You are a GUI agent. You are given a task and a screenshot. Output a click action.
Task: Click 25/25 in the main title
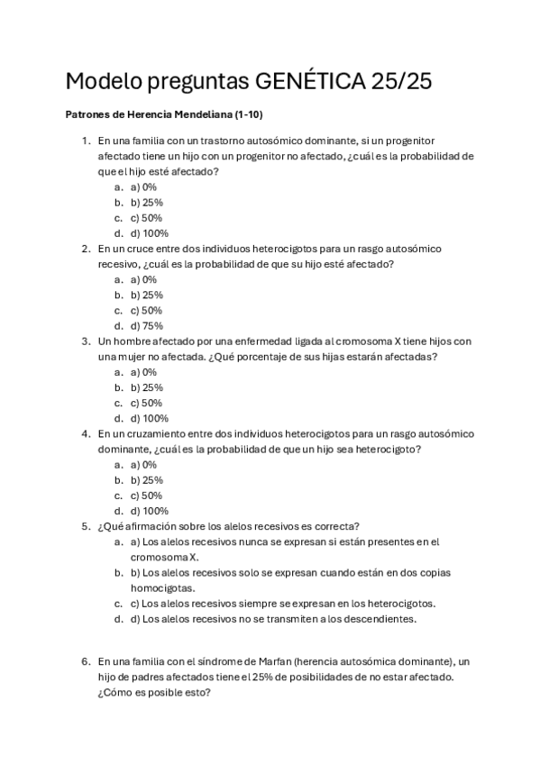pyautogui.click(x=401, y=82)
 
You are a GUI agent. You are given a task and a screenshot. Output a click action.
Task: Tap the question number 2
pyautogui.click(x=86, y=249)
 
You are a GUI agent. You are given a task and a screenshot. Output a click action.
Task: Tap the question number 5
pyautogui.click(x=86, y=526)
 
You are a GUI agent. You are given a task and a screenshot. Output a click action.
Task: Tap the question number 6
pyautogui.click(x=86, y=660)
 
